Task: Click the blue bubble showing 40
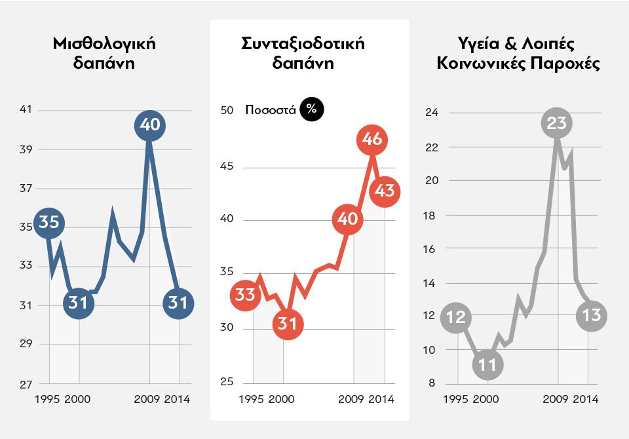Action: click(150, 126)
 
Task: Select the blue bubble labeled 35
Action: click(48, 223)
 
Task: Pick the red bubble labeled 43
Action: click(385, 191)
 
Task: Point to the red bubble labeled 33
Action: click(245, 296)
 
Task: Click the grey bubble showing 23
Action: click(556, 123)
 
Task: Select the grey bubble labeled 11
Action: click(487, 365)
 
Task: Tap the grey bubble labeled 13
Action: click(591, 316)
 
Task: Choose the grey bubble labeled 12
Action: click(455, 318)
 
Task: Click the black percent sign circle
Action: click(311, 109)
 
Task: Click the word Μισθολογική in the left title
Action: click(105, 45)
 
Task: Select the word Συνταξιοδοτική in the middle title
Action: click(303, 45)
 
